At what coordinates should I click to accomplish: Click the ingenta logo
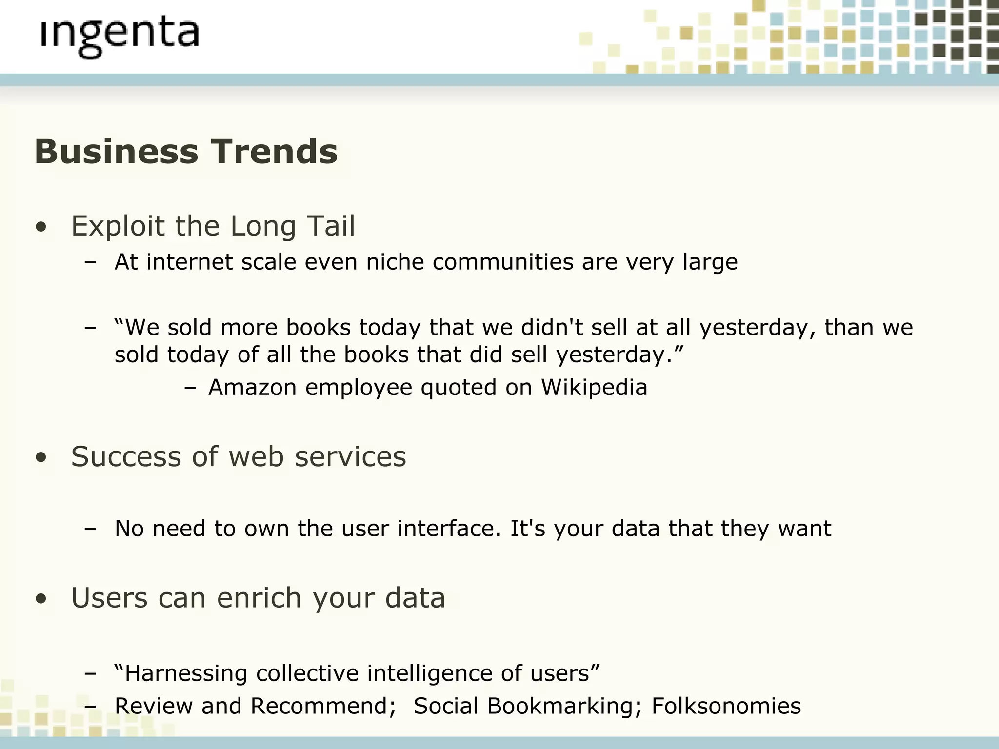pyautogui.click(x=120, y=37)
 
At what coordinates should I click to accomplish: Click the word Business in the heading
pyautogui.click(x=116, y=152)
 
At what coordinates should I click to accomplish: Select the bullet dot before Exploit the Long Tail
pyautogui.click(x=41, y=227)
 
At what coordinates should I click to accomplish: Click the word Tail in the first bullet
pyautogui.click(x=331, y=226)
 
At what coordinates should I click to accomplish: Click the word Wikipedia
pyautogui.click(x=594, y=388)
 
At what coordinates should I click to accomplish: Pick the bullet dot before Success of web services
pyautogui.click(x=41, y=457)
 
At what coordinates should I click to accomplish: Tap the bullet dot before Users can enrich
pyautogui.click(x=41, y=599)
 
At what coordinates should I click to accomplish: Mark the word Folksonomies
pyautogui.click(x=726, y=706)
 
